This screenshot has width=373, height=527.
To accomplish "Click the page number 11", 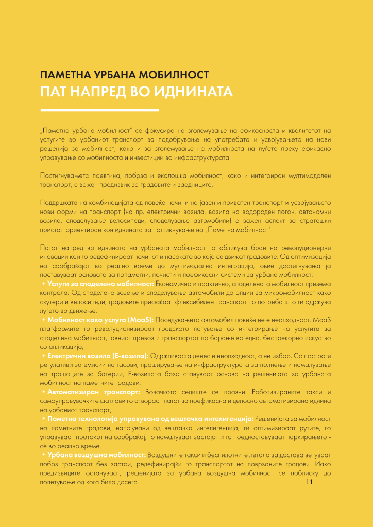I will coord(310,482).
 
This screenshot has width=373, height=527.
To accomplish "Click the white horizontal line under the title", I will coord(99,110).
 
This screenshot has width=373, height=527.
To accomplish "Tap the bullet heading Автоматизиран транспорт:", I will coord(93,392).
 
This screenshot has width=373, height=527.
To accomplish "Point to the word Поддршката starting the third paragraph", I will coord(57,202).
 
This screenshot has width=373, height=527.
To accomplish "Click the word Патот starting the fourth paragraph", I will coord(49,248).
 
